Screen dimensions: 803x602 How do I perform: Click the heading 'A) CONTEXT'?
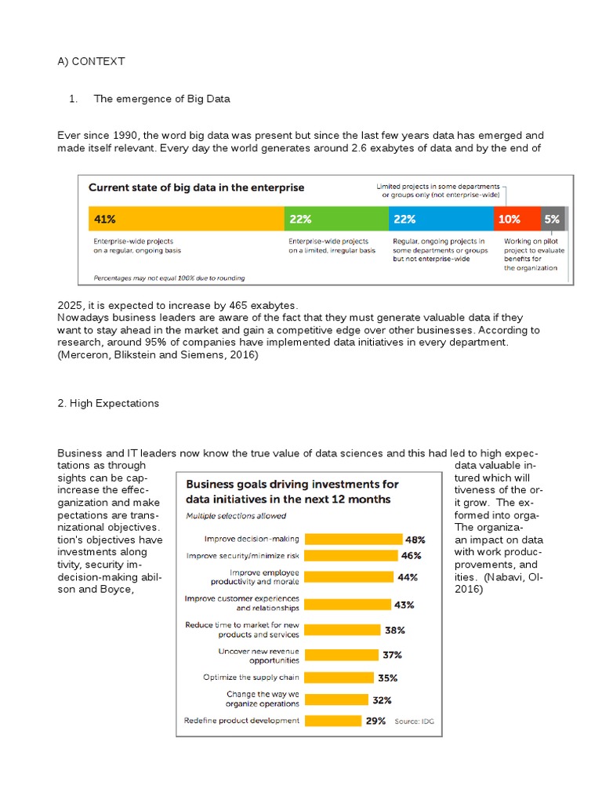(91, 61)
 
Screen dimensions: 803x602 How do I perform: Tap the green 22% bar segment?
(335, 218)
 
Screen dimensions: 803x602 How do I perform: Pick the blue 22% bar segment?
(441, 218)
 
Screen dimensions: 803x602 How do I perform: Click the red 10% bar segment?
(517, 218)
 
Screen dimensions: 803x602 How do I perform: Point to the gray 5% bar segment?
(552, 218)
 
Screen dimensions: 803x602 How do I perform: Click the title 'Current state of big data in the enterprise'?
(196, 188)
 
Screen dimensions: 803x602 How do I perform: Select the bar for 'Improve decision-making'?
(351, 539)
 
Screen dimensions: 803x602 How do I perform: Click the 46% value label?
(412, 555)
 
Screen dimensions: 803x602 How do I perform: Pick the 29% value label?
(375, 721)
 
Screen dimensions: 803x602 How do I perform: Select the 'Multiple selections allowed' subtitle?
(236, 516)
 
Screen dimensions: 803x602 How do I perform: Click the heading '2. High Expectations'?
(108, 403)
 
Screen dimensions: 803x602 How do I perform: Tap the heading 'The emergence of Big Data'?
(161, 99)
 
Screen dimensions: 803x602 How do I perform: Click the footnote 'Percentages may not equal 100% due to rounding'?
(169, 278)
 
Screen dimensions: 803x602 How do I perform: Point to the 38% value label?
(393, 630)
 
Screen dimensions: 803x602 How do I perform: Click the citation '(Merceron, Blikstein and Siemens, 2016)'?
(158, 355)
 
